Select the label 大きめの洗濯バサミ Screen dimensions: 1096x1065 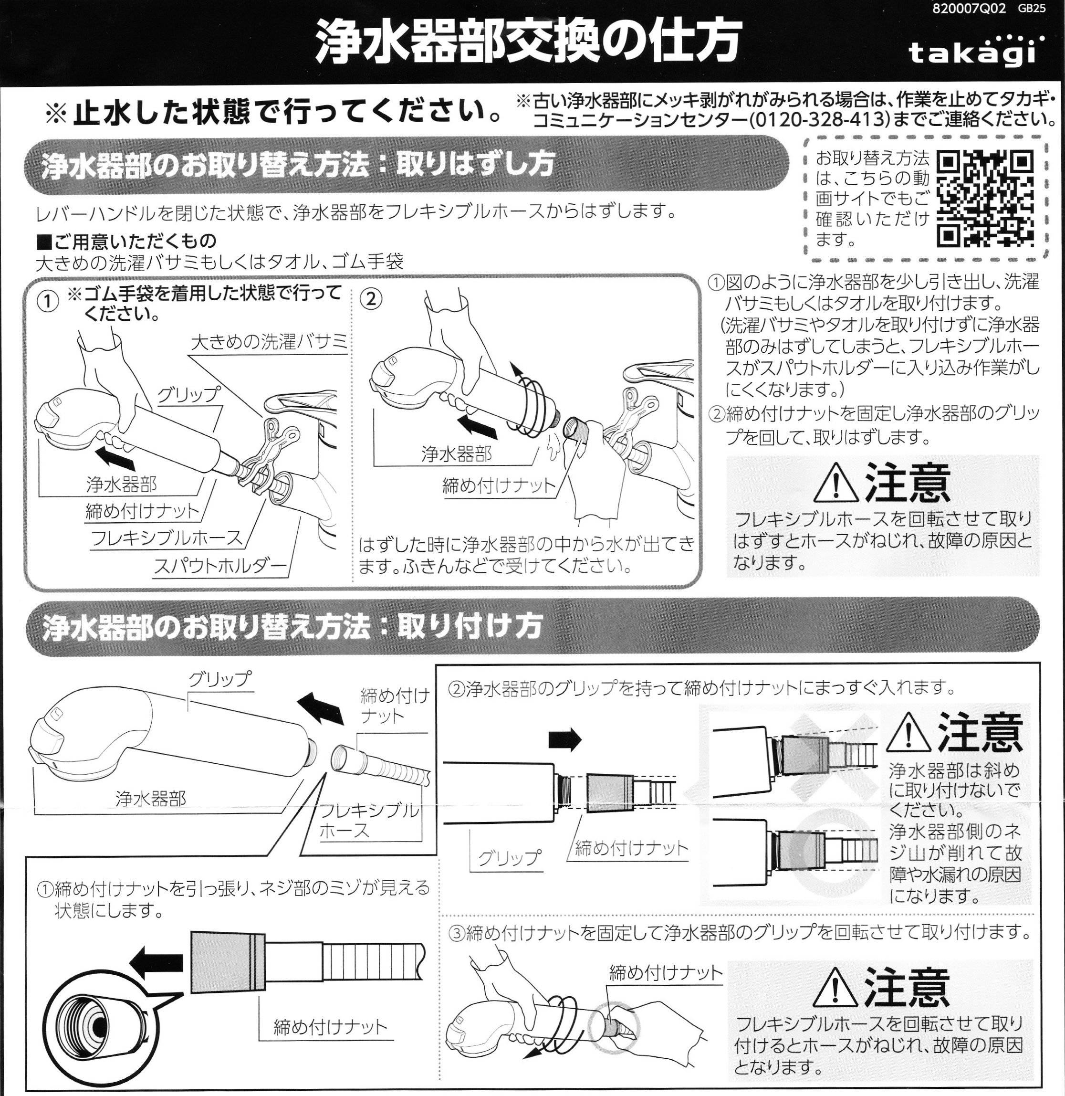pyautogui.click(x=269, y=342)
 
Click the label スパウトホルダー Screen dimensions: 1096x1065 pyautogui.click(x=220, y=566)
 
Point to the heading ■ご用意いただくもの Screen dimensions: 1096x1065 pyautogui.click(x=126, y=241)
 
